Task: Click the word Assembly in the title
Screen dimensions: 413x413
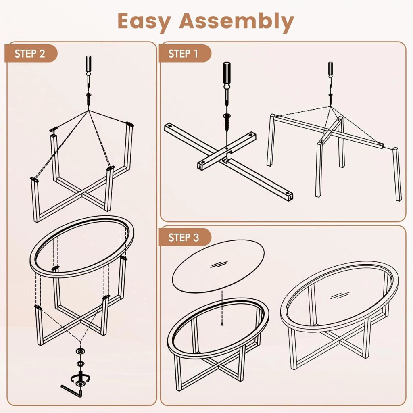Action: click(x=236, y=21)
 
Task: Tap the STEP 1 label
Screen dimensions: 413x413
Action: click(x=183, y=54)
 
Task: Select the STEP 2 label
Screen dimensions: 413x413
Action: click(x=30, y=54)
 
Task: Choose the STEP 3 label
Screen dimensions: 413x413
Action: click(x=184, y=237)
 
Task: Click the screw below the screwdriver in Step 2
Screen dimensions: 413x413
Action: click(x=88, y=99)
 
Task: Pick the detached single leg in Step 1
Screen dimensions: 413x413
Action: click(x=397, y=174)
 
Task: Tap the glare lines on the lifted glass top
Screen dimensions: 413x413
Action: click(x=219, y=264)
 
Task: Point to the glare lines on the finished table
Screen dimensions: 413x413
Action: click(x=340, y=295)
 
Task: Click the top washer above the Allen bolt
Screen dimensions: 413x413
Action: click(x=80, y=351)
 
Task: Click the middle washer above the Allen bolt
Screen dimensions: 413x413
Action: click(x=80, y=364)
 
